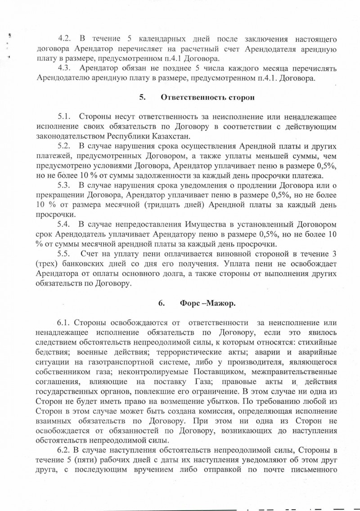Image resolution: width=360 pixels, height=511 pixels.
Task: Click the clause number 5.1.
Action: click(x=65, y=117)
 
